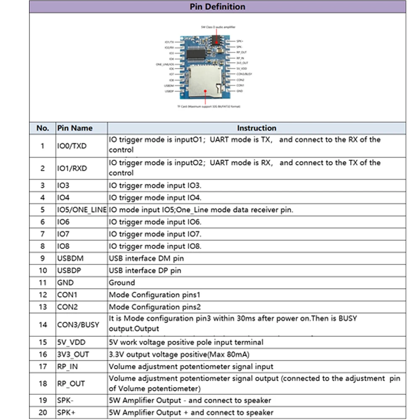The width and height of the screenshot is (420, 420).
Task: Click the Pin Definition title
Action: click(x=217, y=7)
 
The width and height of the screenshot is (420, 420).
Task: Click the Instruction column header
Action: click(x=257, y=128)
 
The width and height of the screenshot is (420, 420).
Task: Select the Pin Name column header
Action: click(x=75, y=128)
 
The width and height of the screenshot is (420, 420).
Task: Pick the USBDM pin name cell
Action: click(x=70, y=258)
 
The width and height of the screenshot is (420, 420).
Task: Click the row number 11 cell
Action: click(x=43, y=283)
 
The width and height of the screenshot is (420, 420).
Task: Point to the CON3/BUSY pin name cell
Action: click(x=78, y=324)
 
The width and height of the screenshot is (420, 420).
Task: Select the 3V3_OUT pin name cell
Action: click(x=73, y=354)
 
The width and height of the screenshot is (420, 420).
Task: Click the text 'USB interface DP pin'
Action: click(x=145, y=270)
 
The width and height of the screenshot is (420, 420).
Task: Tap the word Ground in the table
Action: click(x=122, y=283)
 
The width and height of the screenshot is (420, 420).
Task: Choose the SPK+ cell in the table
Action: click(x=66, y=412)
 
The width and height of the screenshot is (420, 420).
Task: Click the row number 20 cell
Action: click(x=43, y=412)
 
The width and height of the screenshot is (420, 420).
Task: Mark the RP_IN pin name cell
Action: click(x=68, y=367)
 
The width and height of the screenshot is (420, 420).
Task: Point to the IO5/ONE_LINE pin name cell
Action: click(x=81, y=210)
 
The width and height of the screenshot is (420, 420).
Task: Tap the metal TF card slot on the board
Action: click(x=204, y=80)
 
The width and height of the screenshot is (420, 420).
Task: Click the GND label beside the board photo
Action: click(x=239, y=91)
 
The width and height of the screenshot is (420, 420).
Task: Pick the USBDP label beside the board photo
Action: click(x=169, y=91)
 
